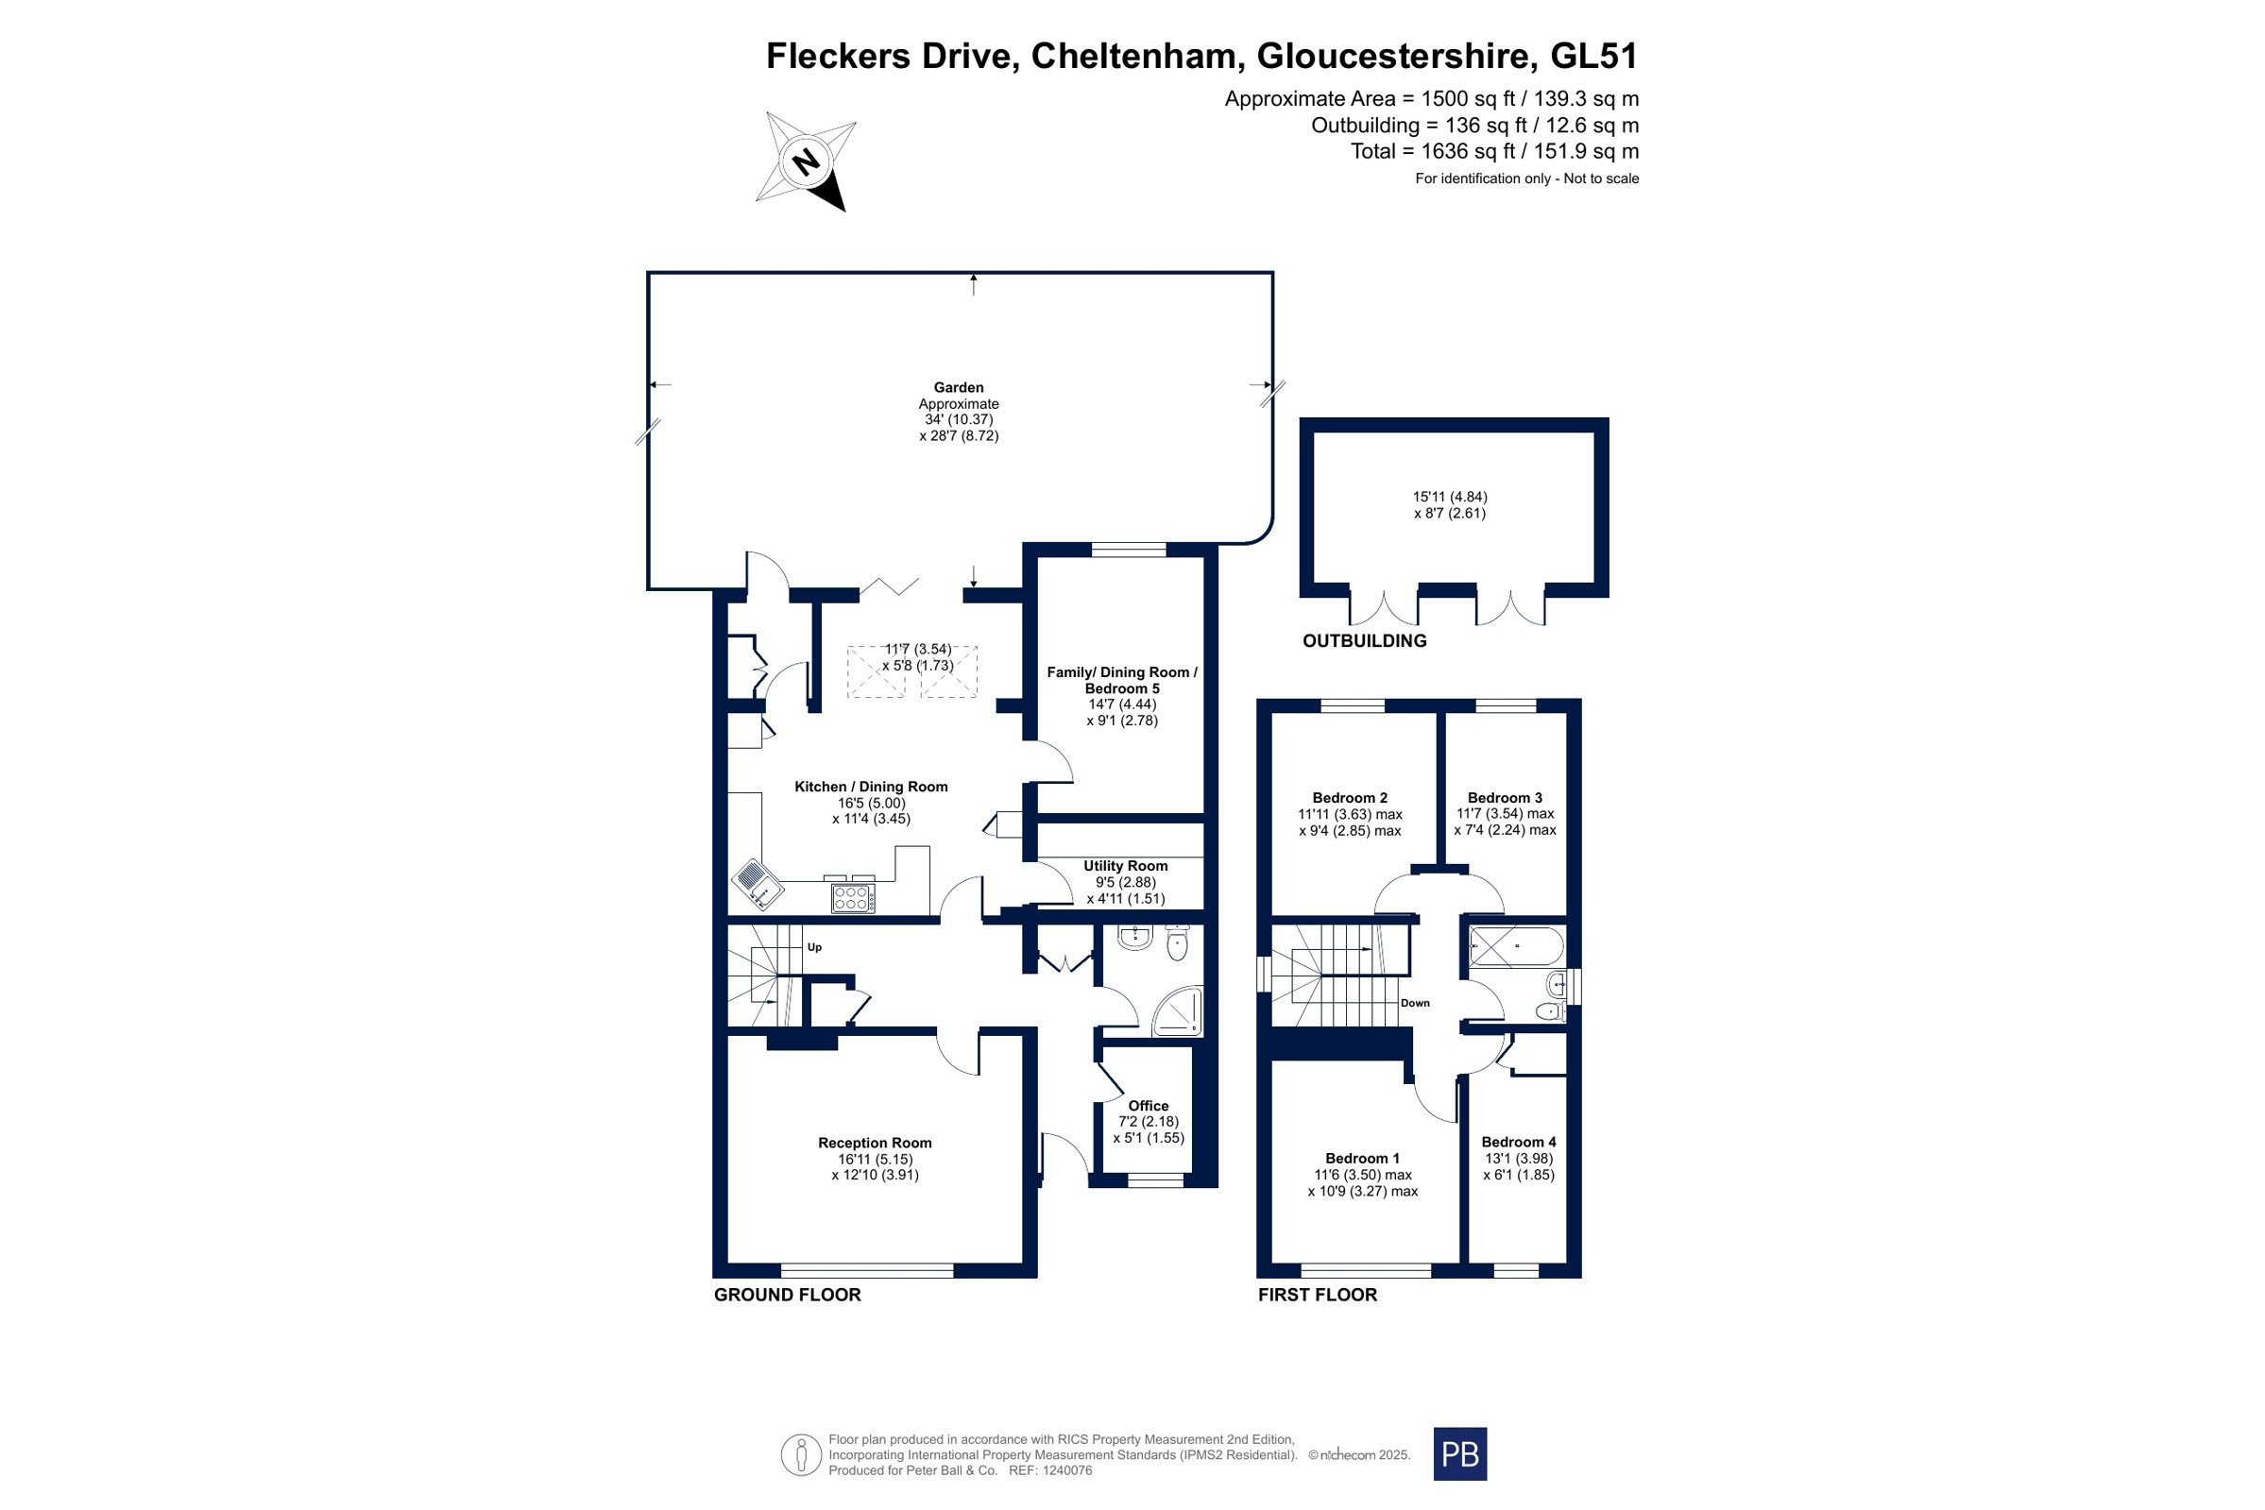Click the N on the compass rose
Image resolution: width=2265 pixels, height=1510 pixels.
[806, 161]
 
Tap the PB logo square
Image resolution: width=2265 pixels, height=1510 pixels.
[1460, 1453]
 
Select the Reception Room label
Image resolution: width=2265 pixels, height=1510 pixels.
[875, 1143]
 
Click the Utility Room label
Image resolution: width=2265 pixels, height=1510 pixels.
[1125, 866]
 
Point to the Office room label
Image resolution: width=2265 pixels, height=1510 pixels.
[1148, 1106]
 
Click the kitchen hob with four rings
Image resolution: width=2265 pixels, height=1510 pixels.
[853, 898]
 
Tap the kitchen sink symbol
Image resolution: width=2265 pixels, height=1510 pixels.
[758, 883]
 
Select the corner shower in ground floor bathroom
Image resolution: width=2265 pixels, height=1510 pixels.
[1178, 1012]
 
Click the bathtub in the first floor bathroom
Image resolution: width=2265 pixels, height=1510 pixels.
[1517, 946]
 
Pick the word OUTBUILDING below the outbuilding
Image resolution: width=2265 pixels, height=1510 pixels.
[1364, 640]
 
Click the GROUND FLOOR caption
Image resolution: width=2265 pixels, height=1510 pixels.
[787, 1295]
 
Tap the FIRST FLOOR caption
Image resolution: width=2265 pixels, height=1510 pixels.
[1318, 1295]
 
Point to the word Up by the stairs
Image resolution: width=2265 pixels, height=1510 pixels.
[815, 946]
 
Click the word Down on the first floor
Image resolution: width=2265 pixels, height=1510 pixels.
[1415, 1003]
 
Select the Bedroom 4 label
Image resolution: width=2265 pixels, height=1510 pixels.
[1519, 1142]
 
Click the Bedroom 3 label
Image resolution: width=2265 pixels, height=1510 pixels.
[1505, 797]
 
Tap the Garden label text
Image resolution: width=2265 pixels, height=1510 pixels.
[958, 387]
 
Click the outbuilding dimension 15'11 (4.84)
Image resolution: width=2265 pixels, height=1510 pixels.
[1449, 497]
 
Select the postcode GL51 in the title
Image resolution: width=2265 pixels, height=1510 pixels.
[1593, 56]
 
